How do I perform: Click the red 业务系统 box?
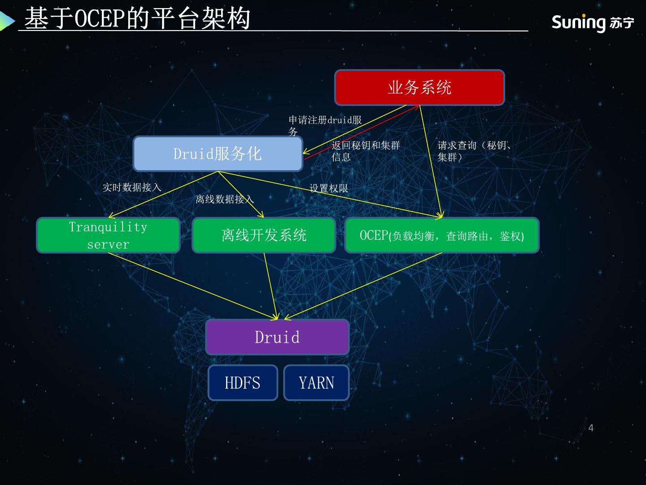[419, 87]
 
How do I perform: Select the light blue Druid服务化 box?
[218, 154]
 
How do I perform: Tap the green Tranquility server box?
[108, 235]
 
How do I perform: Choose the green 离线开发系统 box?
[264, 235]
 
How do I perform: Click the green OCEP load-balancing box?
[442, 235]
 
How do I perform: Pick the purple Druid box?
[277, 337]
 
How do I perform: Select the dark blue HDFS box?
[243, 383]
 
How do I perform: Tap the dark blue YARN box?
[316, 383]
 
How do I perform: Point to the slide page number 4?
[591, 428]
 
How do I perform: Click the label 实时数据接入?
[132, 187]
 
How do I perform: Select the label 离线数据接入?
[224, 199]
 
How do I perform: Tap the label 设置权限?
[329, 188]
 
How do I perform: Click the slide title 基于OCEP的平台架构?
[137, 19]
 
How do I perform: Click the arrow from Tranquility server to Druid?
[193, 286]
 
